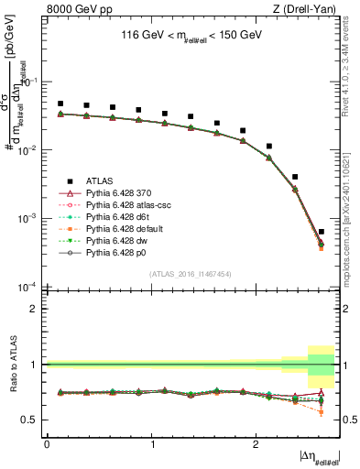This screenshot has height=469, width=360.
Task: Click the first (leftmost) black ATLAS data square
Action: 60,104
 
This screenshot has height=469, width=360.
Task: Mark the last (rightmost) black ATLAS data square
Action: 321,232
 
